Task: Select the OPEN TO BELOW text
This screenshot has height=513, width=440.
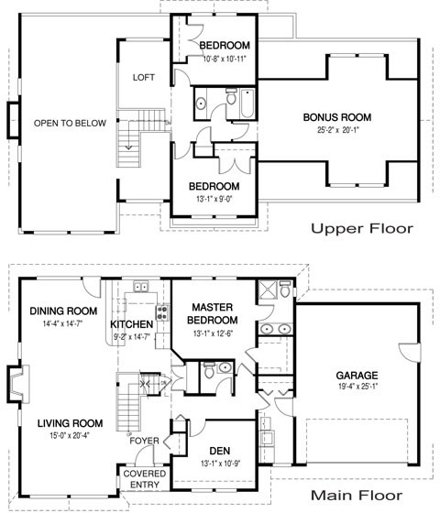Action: tap(71, 123)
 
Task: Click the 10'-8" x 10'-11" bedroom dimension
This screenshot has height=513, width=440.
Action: tap(225, 58)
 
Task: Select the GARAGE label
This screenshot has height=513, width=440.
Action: tap(358, 376)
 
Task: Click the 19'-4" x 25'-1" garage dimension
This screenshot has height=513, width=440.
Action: tap(358, 387)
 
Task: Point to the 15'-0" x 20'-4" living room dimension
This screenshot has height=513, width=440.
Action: tap(70, 435)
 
